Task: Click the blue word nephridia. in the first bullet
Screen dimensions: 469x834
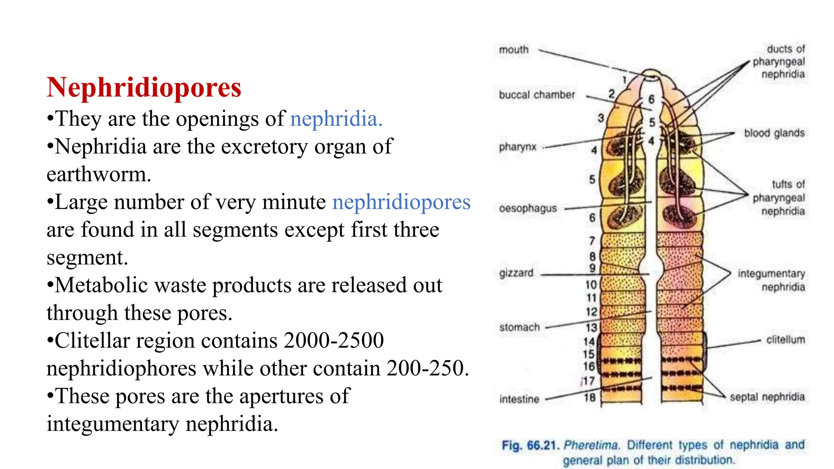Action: point(336,119)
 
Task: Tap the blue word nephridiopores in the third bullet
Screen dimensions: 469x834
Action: point(401,202)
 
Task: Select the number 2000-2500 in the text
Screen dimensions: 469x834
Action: point(334,340)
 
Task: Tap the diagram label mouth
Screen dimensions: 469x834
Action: point(514,50)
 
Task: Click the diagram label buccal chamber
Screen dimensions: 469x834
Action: point(537,95)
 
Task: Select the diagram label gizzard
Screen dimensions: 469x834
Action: point(516,273)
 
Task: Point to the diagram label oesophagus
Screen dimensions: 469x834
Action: point(528,208)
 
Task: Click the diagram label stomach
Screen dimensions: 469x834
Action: point(519,327)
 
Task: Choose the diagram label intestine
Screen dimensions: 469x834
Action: point(519,399)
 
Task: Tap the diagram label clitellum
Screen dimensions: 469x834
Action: point(785,340)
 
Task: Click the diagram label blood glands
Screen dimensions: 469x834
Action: point(774,133)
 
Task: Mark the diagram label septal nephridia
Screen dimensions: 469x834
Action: point(767,397)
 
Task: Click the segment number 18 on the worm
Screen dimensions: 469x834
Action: point(590,397)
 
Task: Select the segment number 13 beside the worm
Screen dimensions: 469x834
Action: point(591,327)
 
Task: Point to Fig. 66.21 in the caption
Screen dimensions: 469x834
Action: point(529,445)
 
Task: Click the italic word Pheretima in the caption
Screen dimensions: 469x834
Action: point(591,445)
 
